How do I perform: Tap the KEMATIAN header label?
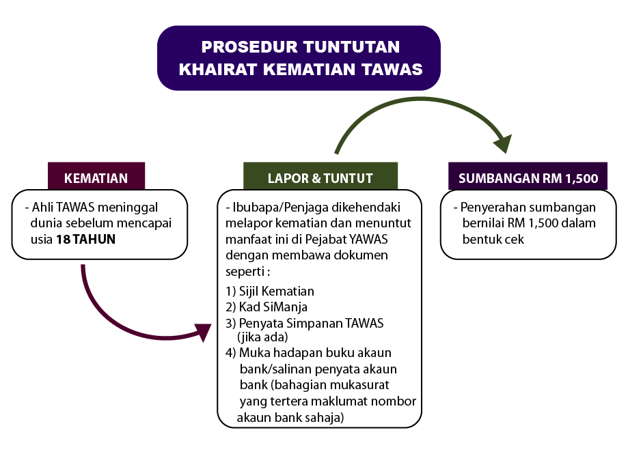click(96, 179)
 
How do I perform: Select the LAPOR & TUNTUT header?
click(320, 179)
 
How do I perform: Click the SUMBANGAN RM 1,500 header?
click(528, 179)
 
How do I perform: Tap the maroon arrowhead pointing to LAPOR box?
click(202, 332)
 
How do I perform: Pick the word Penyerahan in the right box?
click(490, 207)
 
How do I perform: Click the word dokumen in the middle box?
click(362, 255)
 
